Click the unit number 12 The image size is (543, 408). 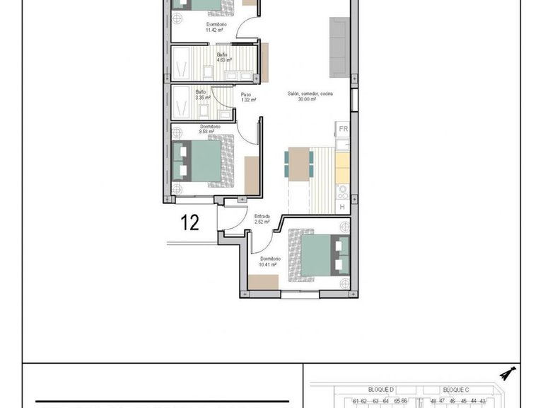point(189,222)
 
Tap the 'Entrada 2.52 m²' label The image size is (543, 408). point(263,220)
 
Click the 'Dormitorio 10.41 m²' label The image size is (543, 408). point(270,261)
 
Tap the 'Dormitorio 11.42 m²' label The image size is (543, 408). point(215,27)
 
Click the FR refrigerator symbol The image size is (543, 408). point(343,129)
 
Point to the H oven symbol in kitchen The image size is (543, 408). point(342,206)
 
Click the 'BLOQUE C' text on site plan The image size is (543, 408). point(456,390)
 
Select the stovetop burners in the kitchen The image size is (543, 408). point(342,189)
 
